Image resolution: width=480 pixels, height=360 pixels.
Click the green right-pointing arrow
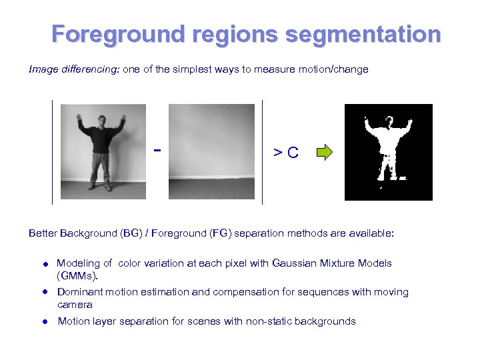pos(324,152)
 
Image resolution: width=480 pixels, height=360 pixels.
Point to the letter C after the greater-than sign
pos(293,153)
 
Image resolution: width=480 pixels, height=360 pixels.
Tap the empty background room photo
pos(211,151)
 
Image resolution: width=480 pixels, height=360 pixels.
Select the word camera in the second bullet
pos(75,305)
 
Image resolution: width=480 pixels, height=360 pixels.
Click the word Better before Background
pos(43,233)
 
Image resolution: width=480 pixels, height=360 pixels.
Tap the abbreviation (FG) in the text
pos(220,233)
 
